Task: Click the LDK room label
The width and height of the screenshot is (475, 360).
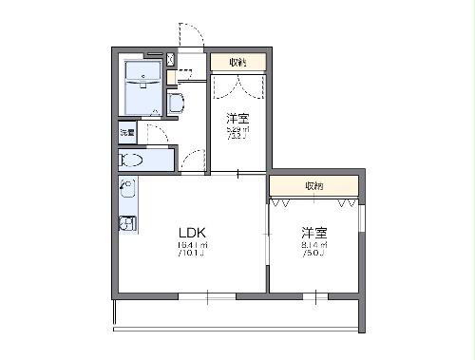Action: [x=189, y=233]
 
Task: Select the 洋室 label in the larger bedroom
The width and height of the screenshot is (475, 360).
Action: [x=314, y=233]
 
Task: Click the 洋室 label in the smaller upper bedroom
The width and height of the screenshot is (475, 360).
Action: [x=237, y=119]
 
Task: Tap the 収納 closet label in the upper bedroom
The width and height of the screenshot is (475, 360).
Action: [x=237, y=63]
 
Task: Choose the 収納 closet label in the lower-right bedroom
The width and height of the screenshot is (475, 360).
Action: [x=313, y=185]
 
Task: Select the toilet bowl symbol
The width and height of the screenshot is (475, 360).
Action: [x=132, y=161]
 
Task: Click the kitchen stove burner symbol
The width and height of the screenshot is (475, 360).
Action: [x=125, y=224]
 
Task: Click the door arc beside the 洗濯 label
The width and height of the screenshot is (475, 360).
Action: [x=157, y=134]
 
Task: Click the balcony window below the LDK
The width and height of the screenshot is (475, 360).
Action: [x=205, y=297]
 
